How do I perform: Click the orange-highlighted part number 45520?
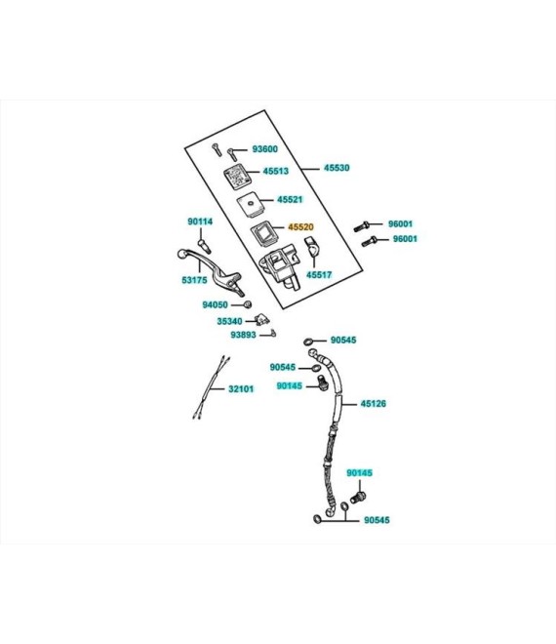pyautogui.click(x=300, y=226)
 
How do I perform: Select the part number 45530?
pyautogui.click(x=337, y=168)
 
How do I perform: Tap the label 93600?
pyautogui.click(x=265, y=148)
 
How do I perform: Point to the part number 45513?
pyautogui.click(x=275, y=171)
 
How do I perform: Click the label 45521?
pyautogui.click(x=290, y=199)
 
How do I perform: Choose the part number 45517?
pyautogui.click(x=319, y=275)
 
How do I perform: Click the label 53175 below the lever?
pyautogui.click(x=194, y=280)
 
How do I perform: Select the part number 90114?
pyautogui.click(x=200, y=221)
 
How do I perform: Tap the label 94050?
pyautogui.click(x=215, y=304)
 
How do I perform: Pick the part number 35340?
pyautogui.click(x=229, y=321)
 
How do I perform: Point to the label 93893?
pyautogui.click(x=243, y=335)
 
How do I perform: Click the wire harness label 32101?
pyautogui.click(x=241, y=388)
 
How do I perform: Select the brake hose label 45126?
pyautogui.click(x=374, y=404)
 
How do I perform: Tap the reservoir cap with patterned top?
pyautogui.click(x=237, y=177)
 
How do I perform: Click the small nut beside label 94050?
pyautogui.click(x=248, y=304)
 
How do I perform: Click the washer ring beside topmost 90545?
pyautogui.click(x=308, y=342)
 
